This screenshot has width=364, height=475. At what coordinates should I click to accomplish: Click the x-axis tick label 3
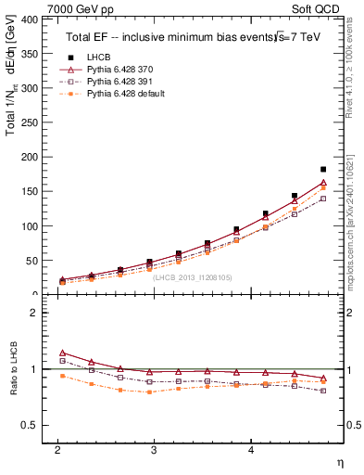pos(154,450)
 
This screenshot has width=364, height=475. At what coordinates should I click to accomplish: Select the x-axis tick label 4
pos(251,450)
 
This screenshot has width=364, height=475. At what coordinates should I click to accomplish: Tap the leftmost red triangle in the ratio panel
pos(62,353)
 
